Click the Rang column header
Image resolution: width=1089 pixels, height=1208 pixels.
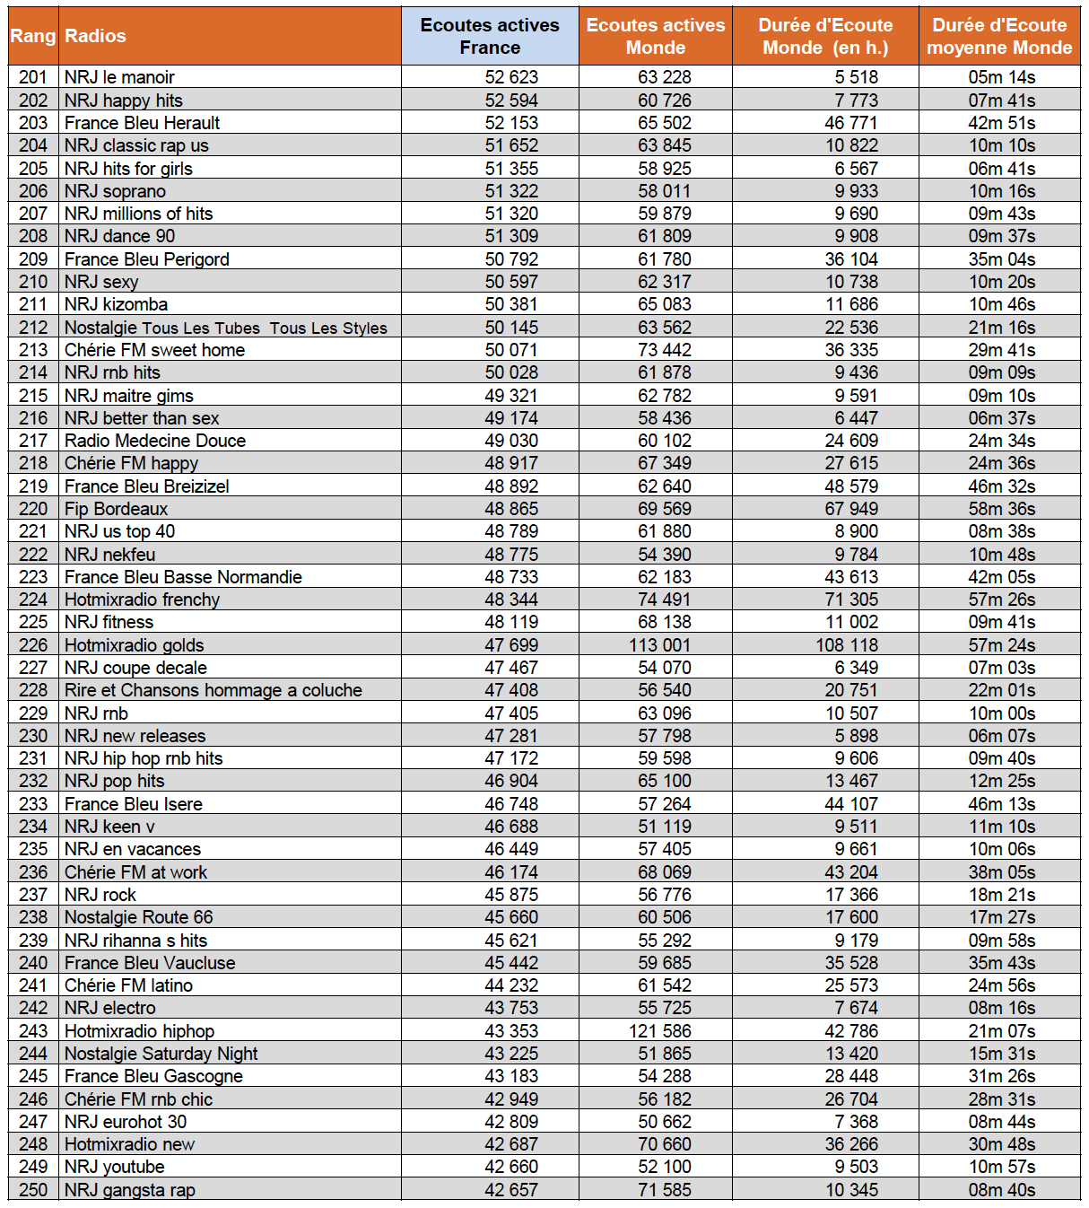click(33, 36)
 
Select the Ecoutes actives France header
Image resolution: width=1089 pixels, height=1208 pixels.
click(490, 36)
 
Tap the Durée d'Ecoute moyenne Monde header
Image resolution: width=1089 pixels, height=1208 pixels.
click(999, 36)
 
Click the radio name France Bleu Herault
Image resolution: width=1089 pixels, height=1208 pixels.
click(142, 123)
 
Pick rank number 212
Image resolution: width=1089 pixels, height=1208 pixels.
click(33, 328)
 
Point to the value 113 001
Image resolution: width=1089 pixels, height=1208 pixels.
click(659, 645)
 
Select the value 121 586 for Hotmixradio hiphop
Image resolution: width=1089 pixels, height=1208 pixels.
click(659, 1031)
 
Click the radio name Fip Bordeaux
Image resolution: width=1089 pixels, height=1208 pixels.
click(116, 509)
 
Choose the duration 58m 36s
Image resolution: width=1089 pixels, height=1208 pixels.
click(1001, 509)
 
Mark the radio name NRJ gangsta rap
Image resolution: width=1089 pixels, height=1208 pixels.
click(129, 1190)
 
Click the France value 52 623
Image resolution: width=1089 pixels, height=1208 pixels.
click(511, 77)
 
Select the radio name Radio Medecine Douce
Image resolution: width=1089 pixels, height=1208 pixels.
click(154, 441)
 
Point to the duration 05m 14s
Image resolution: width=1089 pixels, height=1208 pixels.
click(1001, 77)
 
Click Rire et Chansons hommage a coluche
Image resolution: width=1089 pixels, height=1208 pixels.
click(213, 690)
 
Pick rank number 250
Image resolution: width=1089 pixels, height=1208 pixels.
click(33, 1190)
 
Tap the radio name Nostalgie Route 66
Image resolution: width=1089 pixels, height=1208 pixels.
click(138, 917)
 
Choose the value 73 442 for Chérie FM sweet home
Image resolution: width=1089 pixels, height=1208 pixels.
click(664, 350)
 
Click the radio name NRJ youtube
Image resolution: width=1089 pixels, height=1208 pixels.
click(114, 1167)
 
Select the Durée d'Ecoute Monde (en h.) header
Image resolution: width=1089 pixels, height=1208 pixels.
click(825, 36)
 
